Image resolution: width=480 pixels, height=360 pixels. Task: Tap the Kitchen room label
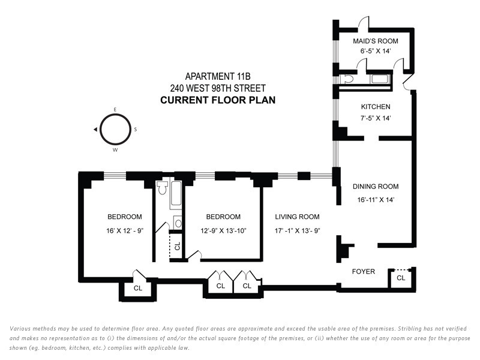[376, 107]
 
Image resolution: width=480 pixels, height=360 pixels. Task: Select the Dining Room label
[376, 187]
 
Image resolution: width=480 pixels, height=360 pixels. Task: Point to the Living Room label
[297, 217]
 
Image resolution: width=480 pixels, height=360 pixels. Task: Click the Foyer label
[363, 272]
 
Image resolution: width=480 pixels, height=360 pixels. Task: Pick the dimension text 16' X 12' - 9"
[125, 230]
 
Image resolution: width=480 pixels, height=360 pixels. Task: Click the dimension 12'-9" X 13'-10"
[223, 230]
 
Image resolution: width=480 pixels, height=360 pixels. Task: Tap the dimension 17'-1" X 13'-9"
[297, 230]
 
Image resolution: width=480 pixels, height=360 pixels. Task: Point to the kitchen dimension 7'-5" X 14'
[376, 119]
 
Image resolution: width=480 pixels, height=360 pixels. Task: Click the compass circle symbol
[115, 129]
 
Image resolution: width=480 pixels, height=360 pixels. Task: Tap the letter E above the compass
[115, 110]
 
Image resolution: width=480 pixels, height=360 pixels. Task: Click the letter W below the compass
[115, 150]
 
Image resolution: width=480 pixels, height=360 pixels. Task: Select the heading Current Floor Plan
[218, 100]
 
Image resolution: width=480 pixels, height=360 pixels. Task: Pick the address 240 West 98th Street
[218, 88]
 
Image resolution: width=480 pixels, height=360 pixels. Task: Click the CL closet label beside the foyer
[401, 278]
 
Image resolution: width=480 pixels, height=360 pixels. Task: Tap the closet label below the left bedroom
[138, 288]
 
